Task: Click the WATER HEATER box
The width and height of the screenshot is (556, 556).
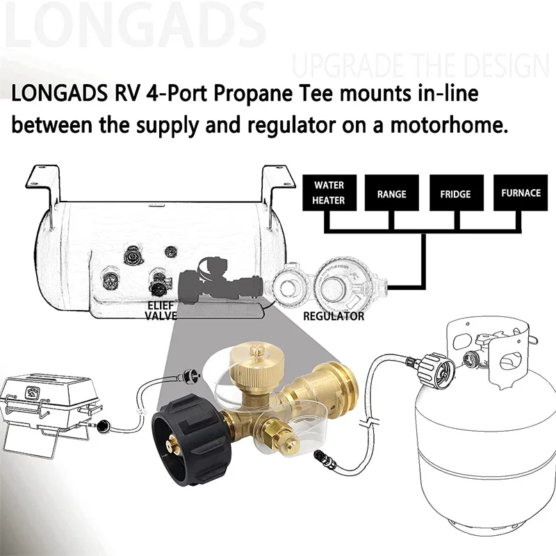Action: click(x=329, y=193)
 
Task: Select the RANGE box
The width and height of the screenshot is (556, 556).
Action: click(x=391, y=194)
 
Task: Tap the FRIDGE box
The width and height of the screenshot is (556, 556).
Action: click(x=455, y=194)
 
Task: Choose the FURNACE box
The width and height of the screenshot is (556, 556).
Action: click(x=520, y=193)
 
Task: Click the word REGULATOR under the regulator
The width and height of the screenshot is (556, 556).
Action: click(x=334, y=316)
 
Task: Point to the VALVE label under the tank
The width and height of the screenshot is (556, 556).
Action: click(x=161, y=316)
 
